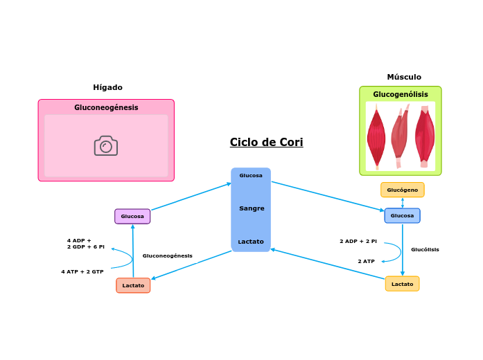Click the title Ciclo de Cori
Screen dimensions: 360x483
(266, 143)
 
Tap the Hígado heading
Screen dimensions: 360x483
(107, 87)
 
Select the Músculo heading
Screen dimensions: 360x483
(404, 77)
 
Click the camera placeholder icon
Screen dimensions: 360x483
(106, 145)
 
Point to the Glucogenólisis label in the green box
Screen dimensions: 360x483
(401, 94)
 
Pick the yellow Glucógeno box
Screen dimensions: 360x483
(402, 190)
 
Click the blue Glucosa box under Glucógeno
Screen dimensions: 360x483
(402, 215)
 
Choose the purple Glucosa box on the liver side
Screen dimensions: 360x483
(132, 216)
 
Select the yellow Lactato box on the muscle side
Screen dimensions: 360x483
(402, 284)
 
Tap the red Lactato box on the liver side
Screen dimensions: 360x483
(133, 285)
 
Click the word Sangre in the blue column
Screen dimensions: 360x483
(252, 208)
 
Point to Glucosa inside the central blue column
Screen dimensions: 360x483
(251, 175)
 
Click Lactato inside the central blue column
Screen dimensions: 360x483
(251, 242)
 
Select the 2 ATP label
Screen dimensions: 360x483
(366, 261)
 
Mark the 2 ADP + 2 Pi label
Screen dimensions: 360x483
(358, 241)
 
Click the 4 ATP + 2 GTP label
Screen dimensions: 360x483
(82, 271)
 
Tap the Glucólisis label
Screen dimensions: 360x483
(425, 249)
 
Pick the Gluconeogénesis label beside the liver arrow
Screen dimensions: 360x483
(168, 255)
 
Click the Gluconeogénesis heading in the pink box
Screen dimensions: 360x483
(106, 107)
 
